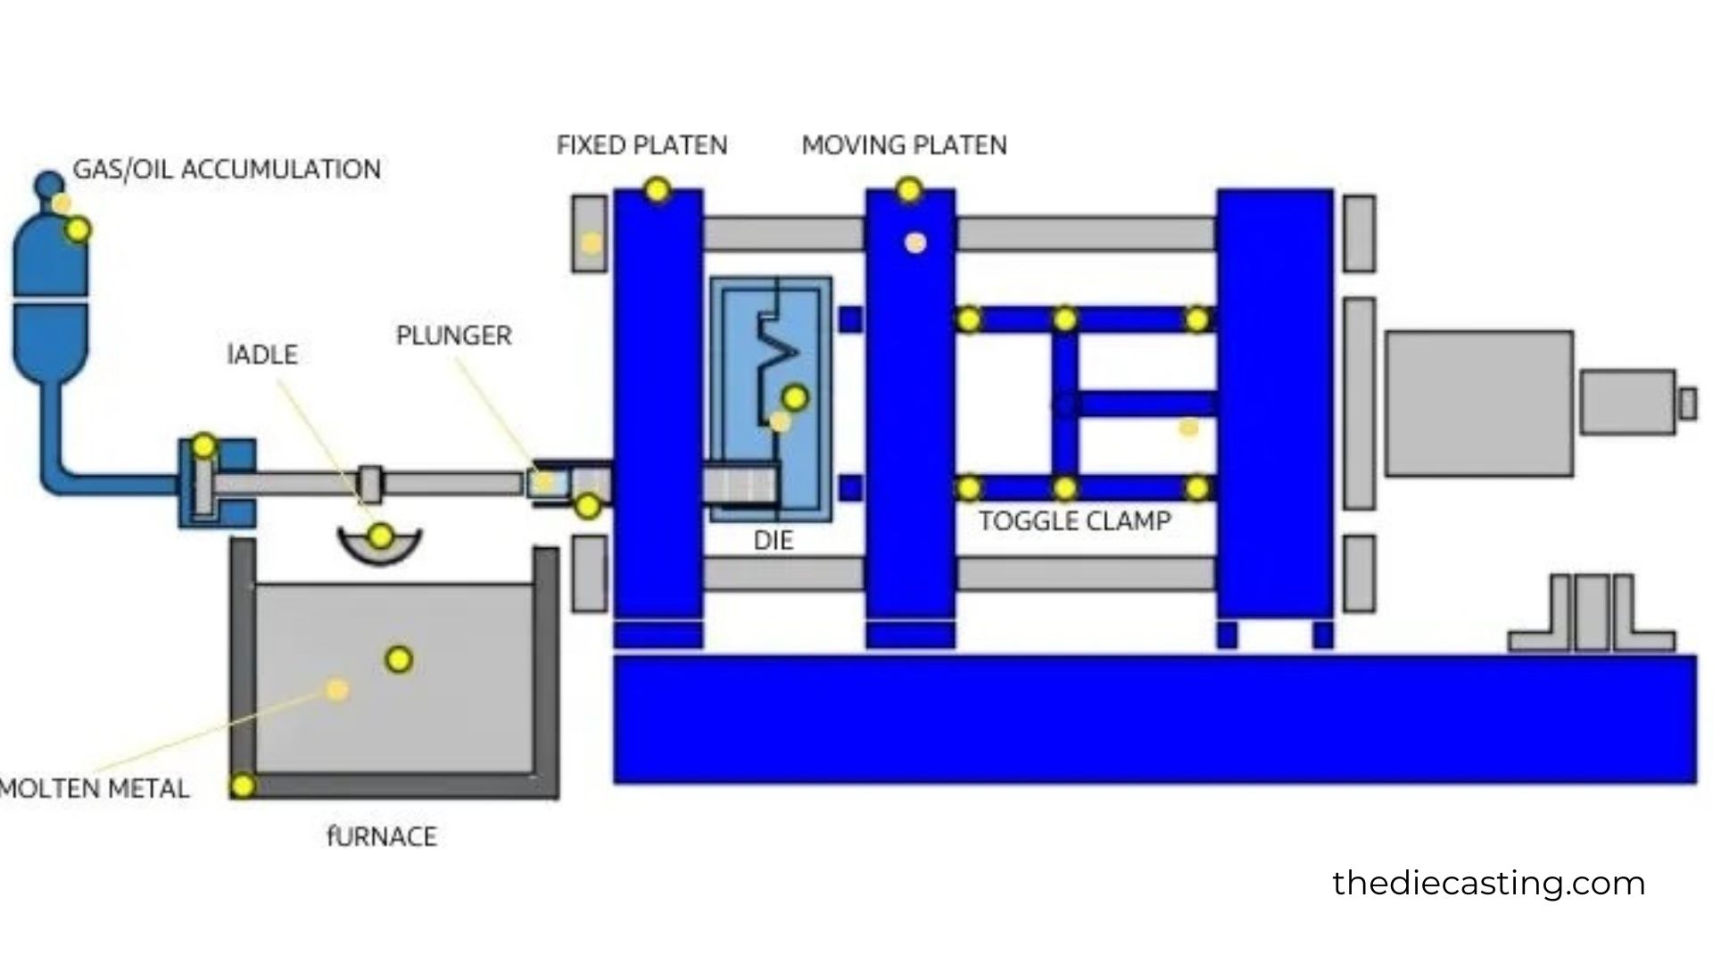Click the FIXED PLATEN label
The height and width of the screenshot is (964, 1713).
point(641,145)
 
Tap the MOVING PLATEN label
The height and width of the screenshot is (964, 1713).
point(904,145)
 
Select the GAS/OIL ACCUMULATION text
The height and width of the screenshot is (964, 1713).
point(227,170)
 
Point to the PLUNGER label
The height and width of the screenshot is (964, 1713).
point(453,336)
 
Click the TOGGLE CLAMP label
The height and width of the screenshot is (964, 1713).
point(1074,521)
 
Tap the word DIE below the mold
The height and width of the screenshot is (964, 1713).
point(773,540)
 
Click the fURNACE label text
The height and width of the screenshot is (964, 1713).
point(382,836)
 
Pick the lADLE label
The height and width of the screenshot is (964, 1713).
point(262,354)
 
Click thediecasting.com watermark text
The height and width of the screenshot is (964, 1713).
point(1488,884)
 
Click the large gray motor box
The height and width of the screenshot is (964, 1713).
point(1478,403)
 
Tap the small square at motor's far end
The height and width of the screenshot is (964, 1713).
point(1686,403)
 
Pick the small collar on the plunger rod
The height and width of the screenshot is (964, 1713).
point(370,483)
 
